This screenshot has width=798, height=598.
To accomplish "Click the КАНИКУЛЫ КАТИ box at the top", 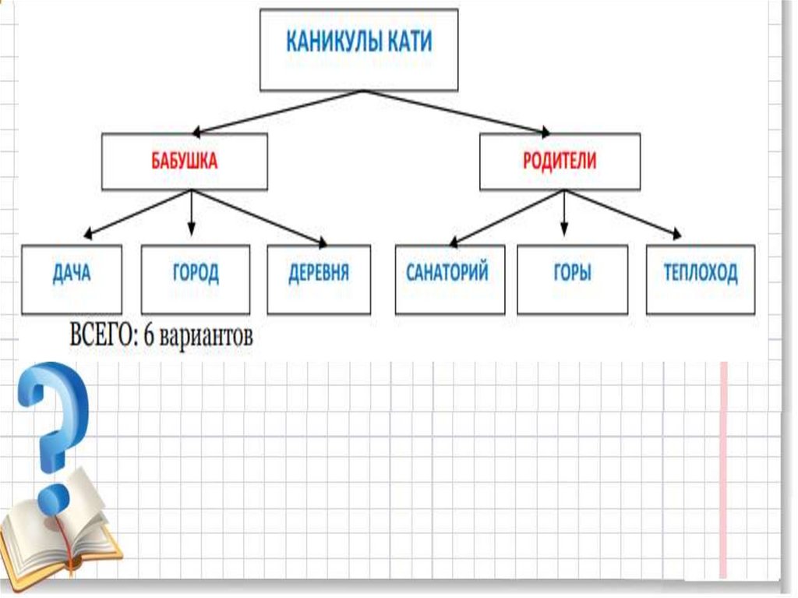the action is click(x=358, y=49).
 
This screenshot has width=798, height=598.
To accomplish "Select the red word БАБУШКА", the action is click(x=185, y=161).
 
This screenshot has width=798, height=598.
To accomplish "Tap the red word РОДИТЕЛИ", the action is click(x=559, y=161).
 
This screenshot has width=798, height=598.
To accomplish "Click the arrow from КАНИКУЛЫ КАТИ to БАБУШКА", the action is click(x=277, y=112).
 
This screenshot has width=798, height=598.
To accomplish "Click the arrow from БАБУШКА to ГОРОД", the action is click(x=192, y=212).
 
